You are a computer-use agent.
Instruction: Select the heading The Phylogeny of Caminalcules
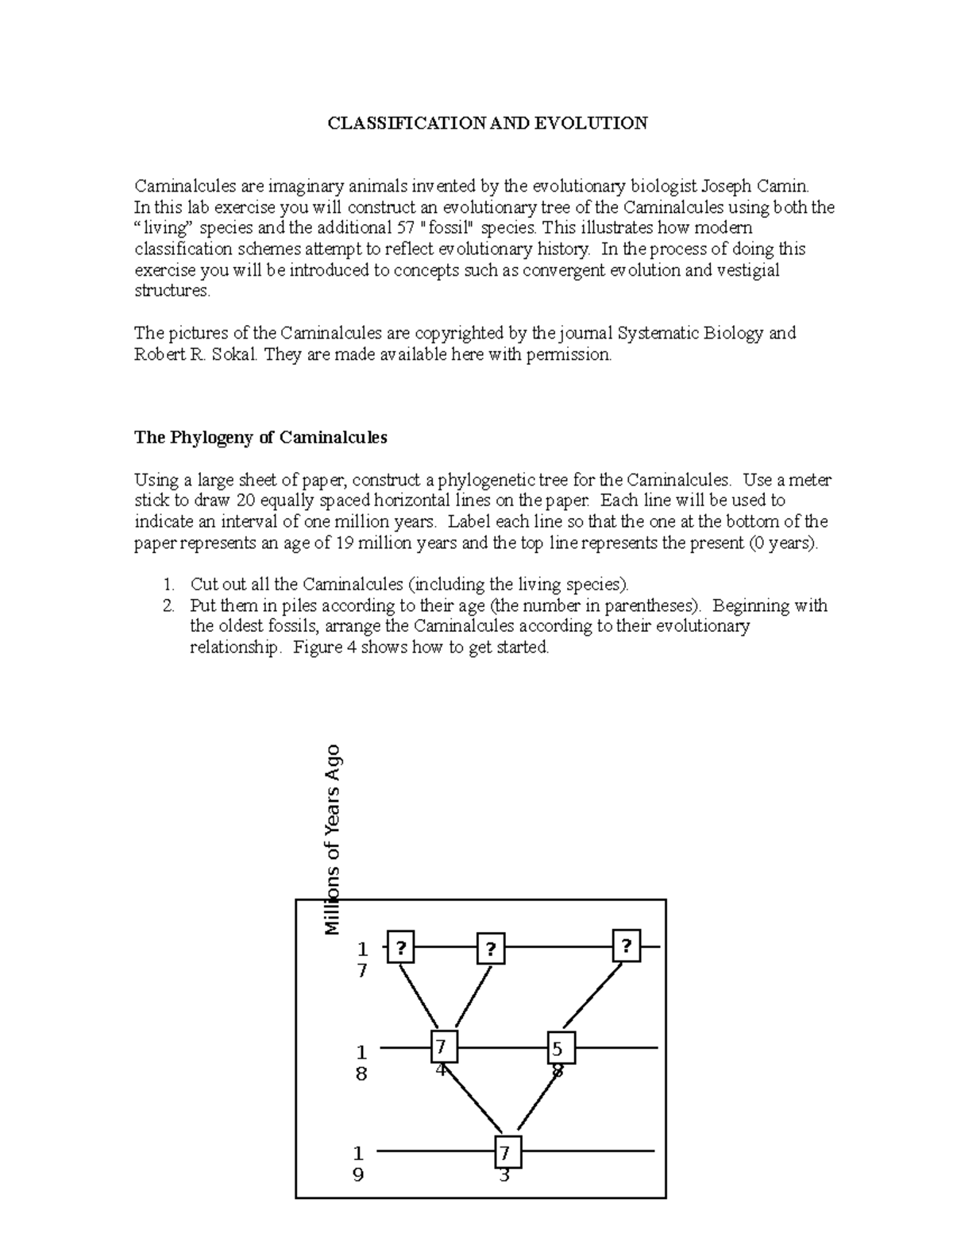(260, 437)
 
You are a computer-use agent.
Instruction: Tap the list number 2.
(168, 606)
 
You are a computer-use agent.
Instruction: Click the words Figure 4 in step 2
(323, 648)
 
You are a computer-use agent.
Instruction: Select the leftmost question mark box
(401, 946)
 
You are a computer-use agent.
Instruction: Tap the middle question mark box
(491, 949)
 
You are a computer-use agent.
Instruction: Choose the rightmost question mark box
(627, 946)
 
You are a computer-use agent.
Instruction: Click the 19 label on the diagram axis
(359, 1163)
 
